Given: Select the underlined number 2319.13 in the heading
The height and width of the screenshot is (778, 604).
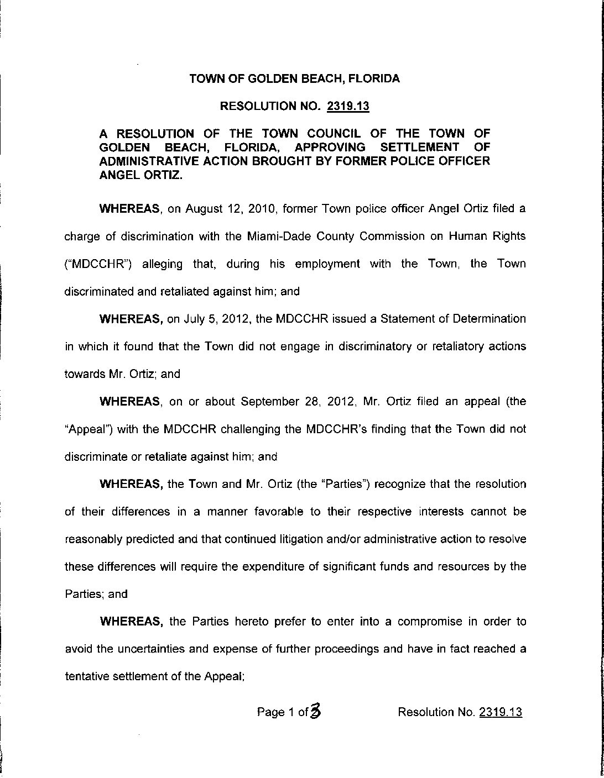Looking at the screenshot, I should point(347,106).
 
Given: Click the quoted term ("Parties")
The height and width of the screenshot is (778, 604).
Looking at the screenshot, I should point(340,484).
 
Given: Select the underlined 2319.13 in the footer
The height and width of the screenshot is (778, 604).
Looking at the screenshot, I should point(501,712).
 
